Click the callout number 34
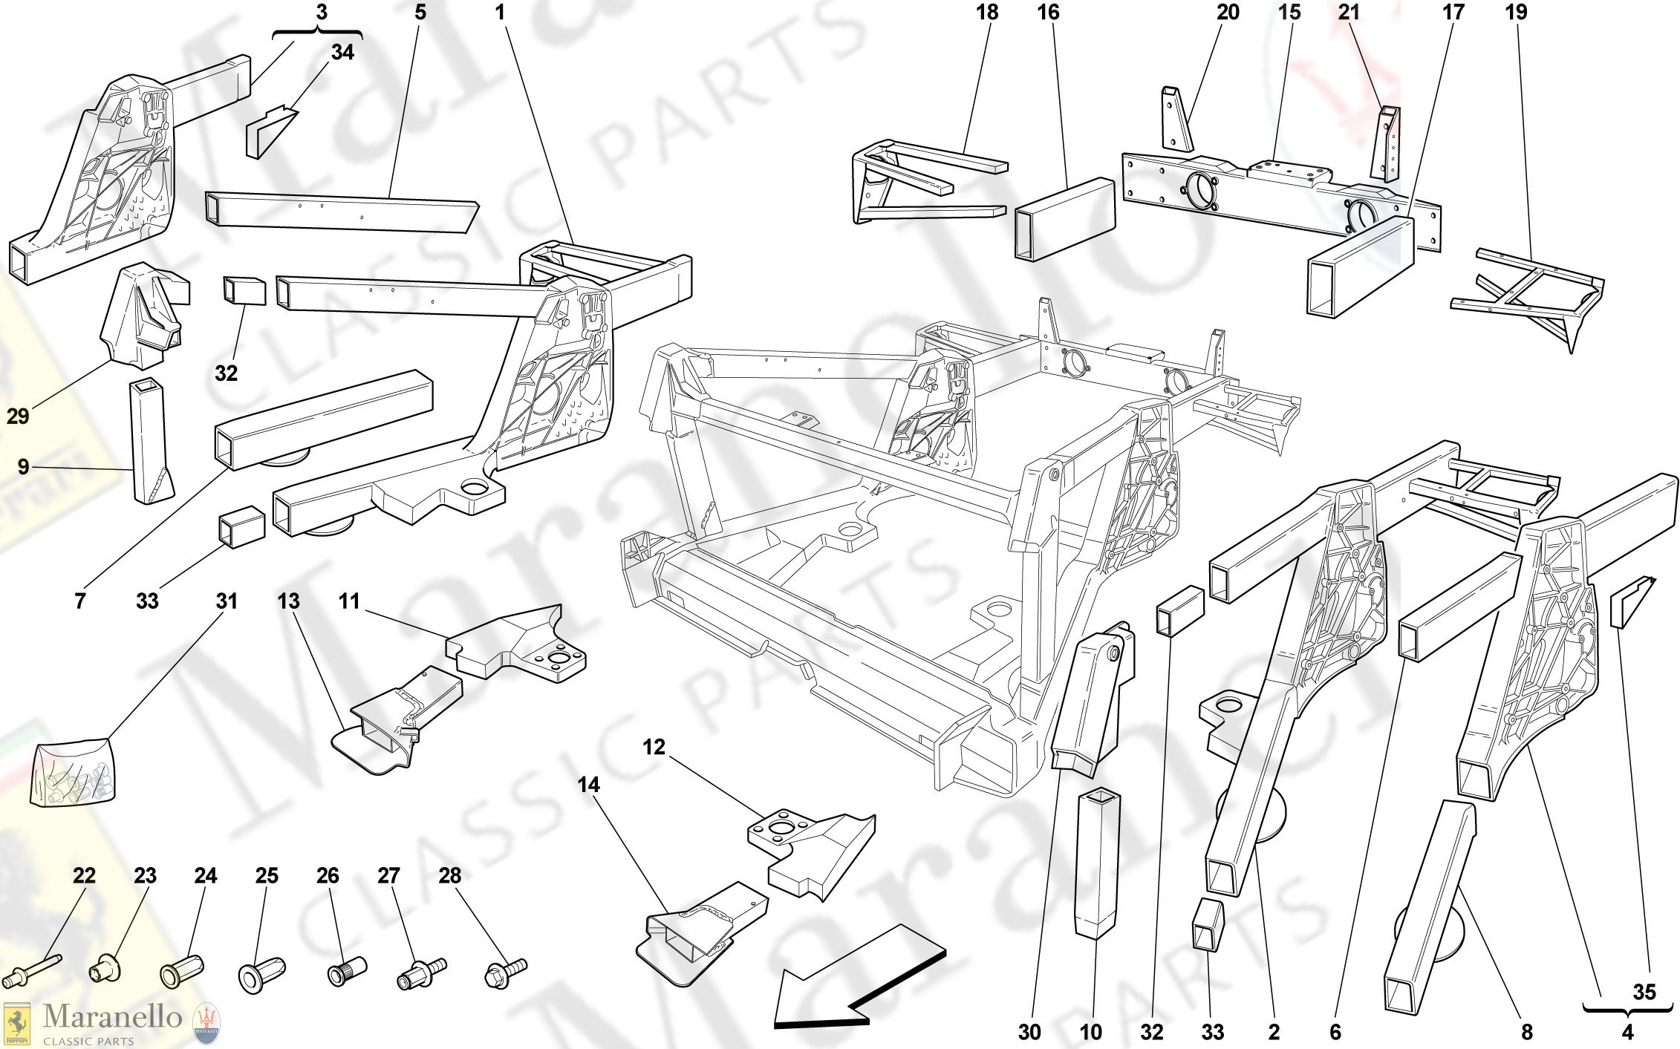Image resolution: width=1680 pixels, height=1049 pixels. pyautogui.click(x=342, y=53)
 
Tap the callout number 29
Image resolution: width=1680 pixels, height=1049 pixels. pyautogui.click(x=18, y=416)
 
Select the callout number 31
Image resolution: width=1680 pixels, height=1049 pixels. pyautogui.click(x=227, y=601)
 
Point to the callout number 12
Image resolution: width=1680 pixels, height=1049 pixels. pyautogui.click(x=654, y=747)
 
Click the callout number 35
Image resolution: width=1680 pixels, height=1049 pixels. pyautogui.click(x=1644, y=992)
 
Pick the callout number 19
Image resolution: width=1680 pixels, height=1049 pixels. pyautogui.click(x=1516, y=13)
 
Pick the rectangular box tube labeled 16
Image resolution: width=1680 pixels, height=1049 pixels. pyautogui.click(x=1065, y=220)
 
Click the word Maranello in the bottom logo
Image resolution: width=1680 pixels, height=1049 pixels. pyautogui.click(x=112, y=1016)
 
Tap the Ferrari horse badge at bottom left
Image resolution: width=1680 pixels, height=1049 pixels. pyautogui.click(x=16, y=1025)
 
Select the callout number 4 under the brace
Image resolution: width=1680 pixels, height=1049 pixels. pyautogui.click(x=1627, y=1032)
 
